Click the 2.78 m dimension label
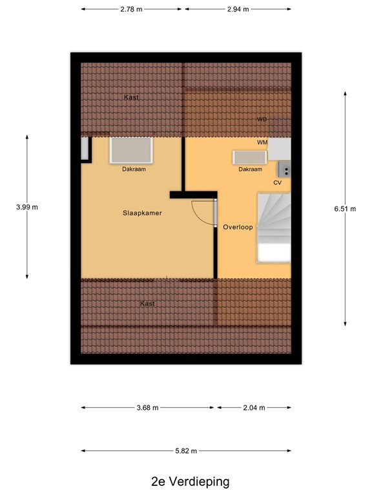[132, 10]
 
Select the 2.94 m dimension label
[238, 10]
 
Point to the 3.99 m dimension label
[27, 207]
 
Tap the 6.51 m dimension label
[345, 208]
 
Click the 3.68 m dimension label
[147, 408]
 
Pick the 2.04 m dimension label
[254, 408]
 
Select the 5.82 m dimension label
[185, 451]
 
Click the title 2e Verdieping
[186, 481]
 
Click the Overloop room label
[238, 227]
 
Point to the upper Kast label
[131, 97]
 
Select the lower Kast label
[148, 303]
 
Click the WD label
[262, 120]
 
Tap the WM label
[262, 142]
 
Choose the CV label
[278, 182]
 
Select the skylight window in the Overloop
[250, 157]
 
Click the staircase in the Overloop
[274, 227]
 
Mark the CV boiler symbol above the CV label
[284, 170]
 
